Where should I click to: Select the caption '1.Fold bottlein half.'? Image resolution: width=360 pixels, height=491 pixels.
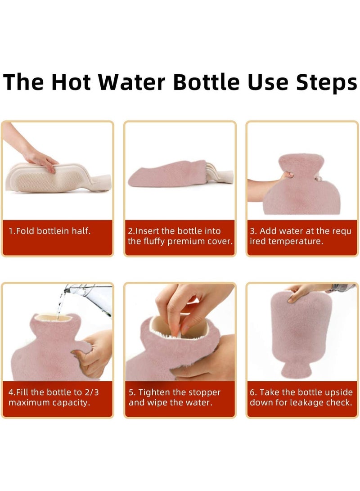coord(49,231)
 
